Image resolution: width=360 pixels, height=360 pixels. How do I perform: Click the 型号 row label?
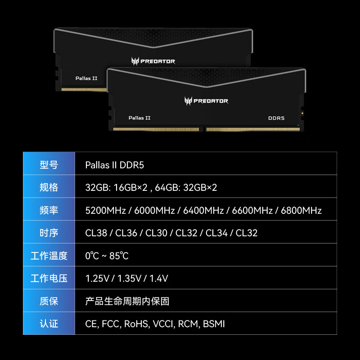pos(49,165)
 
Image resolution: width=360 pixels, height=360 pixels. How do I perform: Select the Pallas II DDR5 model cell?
pos(114,165)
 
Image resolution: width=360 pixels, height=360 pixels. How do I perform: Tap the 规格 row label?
pos(49,187)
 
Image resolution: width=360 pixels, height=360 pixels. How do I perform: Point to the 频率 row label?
pos(49,210)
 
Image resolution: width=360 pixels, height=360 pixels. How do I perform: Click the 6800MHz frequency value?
pos(301,210)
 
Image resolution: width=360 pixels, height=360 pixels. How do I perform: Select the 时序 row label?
pos(49,233)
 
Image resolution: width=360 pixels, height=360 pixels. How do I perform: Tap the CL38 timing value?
pos(96,233)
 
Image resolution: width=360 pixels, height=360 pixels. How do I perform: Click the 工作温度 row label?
pos(49,256)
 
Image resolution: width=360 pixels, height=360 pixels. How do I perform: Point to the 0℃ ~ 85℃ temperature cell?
pos(107,256)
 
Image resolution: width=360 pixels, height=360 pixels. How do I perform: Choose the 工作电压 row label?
pos(49,279)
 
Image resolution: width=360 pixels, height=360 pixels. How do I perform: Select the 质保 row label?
pos(49,301)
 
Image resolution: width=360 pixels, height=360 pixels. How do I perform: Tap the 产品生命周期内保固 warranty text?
pos(127,301)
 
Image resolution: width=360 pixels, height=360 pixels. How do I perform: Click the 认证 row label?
pos(49,324)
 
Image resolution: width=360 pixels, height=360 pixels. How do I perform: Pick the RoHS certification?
pos(136,324)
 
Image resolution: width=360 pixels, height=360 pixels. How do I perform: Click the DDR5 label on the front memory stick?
pos(276,118)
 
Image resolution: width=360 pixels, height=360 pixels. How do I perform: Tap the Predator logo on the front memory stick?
pos(206,101)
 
